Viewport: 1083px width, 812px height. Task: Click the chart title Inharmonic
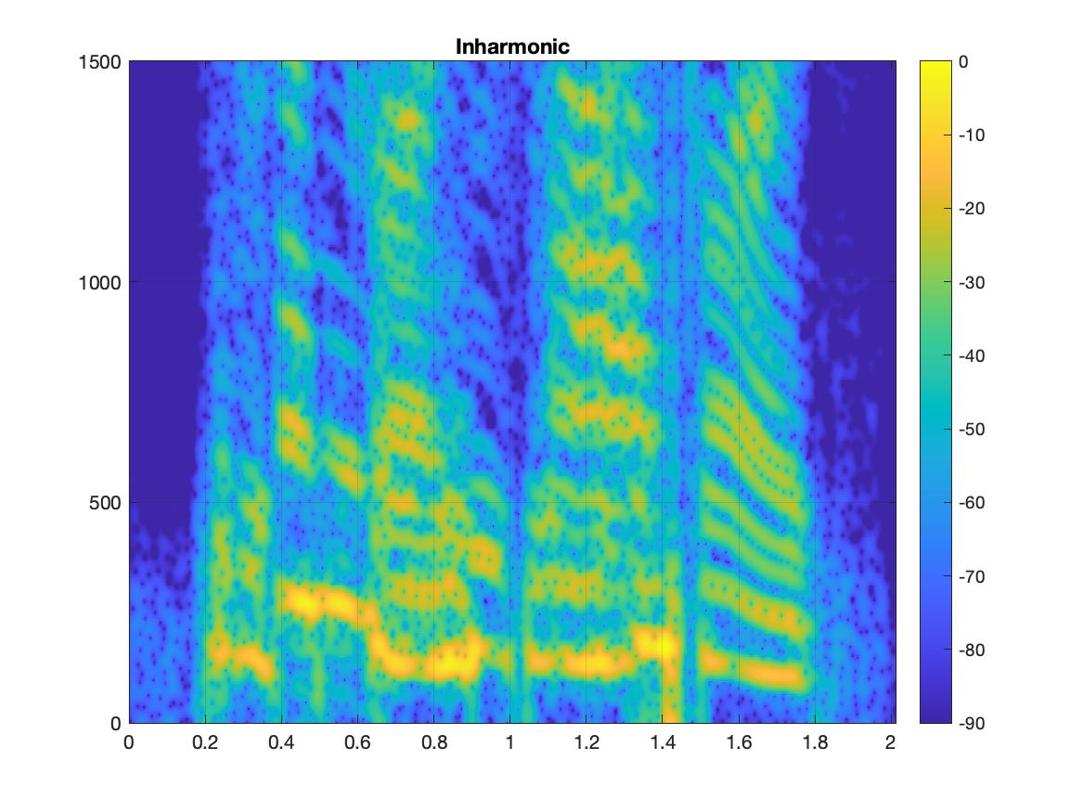tap(512, 46)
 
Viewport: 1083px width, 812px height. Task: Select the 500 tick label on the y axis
tap(107, 503)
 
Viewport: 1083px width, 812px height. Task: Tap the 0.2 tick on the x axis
tap(205, 742)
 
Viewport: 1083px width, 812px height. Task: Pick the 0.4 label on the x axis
tap(281, 742)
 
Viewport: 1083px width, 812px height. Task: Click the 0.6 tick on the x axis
tap(357, 742)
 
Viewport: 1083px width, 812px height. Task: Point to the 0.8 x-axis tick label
tap(433, 742)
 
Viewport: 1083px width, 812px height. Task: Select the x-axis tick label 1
tap(509, 742)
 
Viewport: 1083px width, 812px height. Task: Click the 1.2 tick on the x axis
tap(586, 742)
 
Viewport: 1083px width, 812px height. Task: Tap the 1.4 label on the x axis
tap(662, 742)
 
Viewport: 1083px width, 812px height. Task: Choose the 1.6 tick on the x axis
tap(738, 742)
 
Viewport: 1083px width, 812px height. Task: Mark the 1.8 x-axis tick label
tap(814, 742)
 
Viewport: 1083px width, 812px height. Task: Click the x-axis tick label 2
tap(890, 742)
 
